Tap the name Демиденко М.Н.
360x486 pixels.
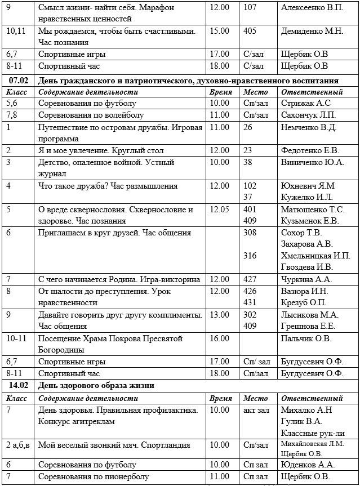click(312, 32)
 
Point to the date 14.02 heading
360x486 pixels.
click(19, 386)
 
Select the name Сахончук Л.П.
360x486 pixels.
click(308, 115)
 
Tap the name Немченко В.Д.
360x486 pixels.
click(309, 127)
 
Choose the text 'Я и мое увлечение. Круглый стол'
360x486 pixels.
click(101, 151)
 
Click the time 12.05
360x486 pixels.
click(219, 209)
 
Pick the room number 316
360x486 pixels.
click(250, 256)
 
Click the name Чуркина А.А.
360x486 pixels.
click(306, 279)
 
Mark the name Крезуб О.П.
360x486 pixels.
click(304, 302)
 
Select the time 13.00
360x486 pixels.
click(219, 315)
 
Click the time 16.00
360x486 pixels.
click(219, 338)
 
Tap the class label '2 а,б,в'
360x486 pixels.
click(19, 445)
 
